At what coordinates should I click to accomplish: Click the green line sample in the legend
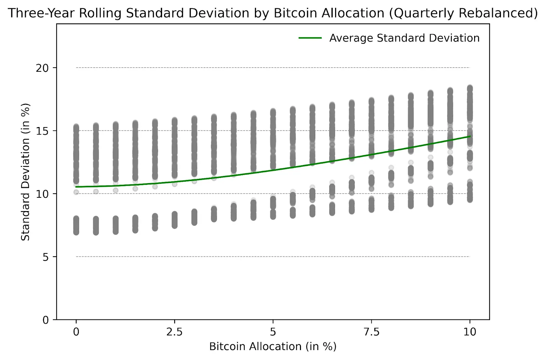310,38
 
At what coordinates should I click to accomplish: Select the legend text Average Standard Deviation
404,38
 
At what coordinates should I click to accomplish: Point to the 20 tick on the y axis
42,68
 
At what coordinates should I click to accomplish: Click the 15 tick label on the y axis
42,131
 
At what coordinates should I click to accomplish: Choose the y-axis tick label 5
46,257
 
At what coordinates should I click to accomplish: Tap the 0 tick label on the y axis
46,320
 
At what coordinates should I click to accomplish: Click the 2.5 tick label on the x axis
174,332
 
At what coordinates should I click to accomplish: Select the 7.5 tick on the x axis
371,332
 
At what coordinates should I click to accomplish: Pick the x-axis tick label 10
470,332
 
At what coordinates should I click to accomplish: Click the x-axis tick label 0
76,332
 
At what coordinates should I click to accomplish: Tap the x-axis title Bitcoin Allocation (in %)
273,346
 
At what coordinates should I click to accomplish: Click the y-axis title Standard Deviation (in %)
25,172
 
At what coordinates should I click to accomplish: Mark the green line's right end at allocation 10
470,136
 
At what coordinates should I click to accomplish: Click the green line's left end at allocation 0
76,187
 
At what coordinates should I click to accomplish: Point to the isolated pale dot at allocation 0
76,192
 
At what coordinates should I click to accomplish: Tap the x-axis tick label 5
273,332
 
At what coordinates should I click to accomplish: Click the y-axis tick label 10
42,194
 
